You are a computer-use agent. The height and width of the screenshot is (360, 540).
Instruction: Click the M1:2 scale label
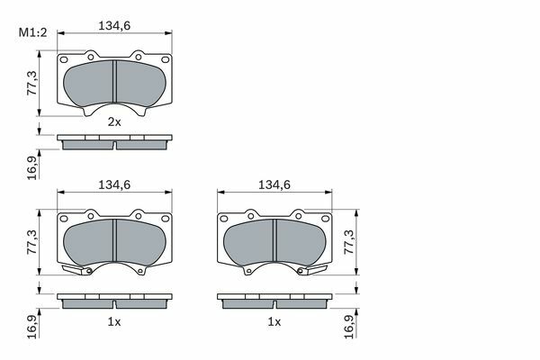(x=32, y=32)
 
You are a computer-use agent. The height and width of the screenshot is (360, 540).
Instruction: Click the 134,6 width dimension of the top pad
(x=114, y=26)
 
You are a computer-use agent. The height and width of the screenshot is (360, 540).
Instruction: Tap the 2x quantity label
(x=114, y=121)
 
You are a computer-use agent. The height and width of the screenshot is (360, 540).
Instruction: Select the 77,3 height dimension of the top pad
(x=32, y=83)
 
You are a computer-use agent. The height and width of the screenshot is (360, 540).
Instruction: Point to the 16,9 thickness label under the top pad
(x=32, y=167)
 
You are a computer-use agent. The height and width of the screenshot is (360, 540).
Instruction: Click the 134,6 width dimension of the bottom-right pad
(x=274, y=185)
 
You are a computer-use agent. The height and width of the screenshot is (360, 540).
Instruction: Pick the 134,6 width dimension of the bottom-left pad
(x=114, y=185)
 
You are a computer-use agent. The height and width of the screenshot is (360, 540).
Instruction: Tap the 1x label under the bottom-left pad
(x=114, y=322)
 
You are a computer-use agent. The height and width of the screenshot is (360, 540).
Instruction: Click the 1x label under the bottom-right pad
(x=274, y=322)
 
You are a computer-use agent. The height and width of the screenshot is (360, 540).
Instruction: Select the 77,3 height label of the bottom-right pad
(x=349, y=242)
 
